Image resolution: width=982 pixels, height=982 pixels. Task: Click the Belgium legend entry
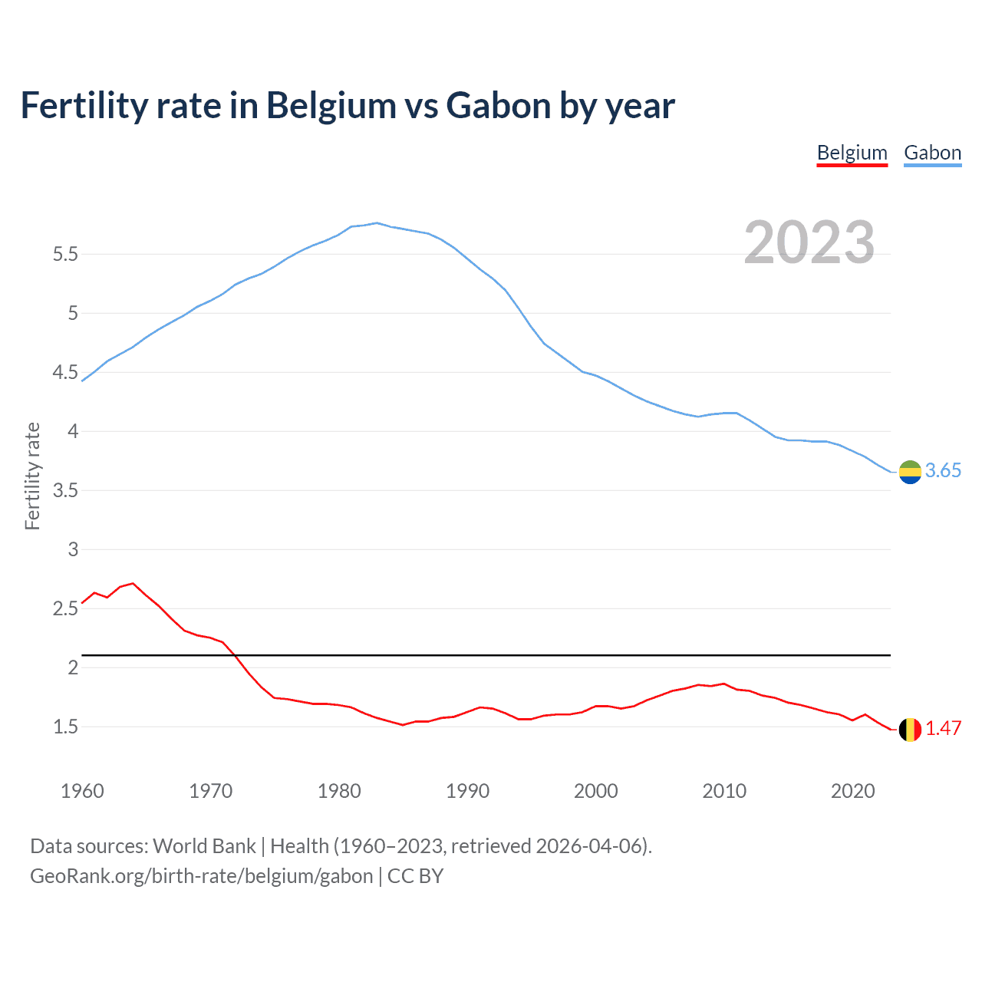[852, 153]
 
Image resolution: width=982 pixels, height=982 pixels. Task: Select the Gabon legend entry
[932, 153]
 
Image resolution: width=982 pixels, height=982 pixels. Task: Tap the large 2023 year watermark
[809, 242]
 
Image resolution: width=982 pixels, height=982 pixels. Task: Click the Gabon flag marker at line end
[910, 472]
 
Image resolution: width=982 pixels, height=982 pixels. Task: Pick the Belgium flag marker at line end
[910, 730]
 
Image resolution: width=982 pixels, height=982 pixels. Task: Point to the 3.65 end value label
[943, 471]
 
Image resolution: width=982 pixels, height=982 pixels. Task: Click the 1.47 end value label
[943, 729]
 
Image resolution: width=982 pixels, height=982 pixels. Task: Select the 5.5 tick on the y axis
[65, 255]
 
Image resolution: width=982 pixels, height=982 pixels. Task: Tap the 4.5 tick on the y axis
[65, 373]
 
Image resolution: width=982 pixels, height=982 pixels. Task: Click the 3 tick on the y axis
[73, 549]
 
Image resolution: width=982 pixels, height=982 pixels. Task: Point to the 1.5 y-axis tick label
[65, 727]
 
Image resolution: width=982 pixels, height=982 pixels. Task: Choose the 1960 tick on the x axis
[82, 791]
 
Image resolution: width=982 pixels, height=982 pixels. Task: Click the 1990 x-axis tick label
[467, 791]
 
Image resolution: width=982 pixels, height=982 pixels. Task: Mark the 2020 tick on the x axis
[852, 791]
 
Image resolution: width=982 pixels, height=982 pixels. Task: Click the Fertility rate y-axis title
[32, 476]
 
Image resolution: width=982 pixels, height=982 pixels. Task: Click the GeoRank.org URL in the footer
[201, 876]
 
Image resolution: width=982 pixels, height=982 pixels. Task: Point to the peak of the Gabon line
[377, 222]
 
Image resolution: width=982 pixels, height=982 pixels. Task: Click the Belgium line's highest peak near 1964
[133, 583]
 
